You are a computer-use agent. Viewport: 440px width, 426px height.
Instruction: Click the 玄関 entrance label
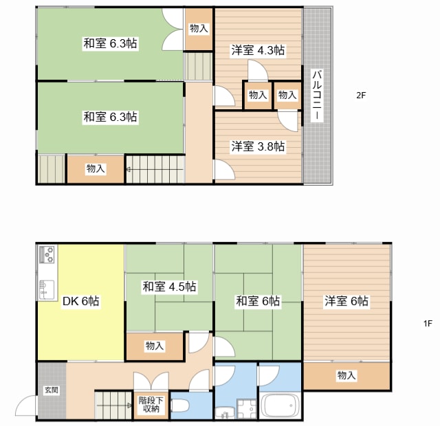pos(52,390)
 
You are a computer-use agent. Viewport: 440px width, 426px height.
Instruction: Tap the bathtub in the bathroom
pos(280,406)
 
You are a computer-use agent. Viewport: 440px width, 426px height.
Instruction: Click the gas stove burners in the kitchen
pos(47,254)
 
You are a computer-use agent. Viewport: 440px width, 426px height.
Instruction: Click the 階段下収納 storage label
pos(151,405)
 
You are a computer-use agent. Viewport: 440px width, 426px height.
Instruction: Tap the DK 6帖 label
pos(80,301)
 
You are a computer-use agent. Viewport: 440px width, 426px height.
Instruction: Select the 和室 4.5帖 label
pos(169,287)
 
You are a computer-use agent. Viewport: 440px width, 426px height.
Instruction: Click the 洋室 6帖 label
pos(346,301)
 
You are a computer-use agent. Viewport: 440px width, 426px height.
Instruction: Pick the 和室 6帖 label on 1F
pos(258,301)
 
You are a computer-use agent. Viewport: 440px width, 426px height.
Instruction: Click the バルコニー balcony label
pos(318,96)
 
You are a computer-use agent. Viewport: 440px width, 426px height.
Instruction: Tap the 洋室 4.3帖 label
pos(258,50)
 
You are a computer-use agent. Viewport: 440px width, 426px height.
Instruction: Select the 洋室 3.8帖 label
pos(258,146)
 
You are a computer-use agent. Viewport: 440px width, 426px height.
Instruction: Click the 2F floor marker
pos(361,96)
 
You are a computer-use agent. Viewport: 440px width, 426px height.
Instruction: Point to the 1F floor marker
pos(428,324)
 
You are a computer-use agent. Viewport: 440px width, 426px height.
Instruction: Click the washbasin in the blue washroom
pos(225,413)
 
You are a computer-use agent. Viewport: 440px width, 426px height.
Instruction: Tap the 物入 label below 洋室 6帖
pos(346,375)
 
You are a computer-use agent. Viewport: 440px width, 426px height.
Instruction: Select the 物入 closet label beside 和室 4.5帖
pos(155,346)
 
